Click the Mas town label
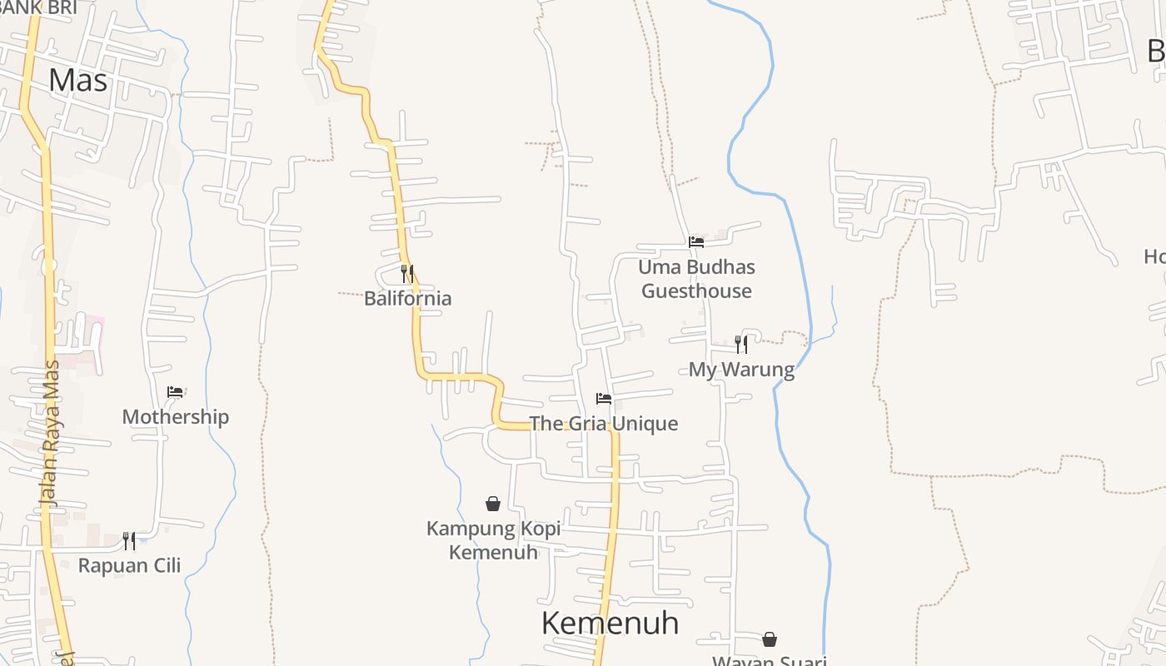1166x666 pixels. (78, 80)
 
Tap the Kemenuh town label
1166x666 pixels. (610, 623)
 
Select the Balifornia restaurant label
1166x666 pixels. (407, 298)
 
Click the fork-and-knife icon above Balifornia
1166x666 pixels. (407, 272)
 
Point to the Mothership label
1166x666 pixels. (175, 417)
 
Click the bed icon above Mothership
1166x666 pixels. (175, 391)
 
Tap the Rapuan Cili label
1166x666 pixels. (129, 566)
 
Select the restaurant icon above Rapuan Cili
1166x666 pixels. (129, 540)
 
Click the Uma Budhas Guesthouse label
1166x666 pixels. (696, 279)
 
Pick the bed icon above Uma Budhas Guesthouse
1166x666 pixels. (696, 242)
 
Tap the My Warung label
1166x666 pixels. (741, 370)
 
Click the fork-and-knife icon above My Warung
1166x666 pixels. (741, 344)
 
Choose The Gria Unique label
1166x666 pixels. (604, 424)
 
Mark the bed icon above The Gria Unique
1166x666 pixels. (604, 399)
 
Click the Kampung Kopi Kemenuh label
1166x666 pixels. (493, 539)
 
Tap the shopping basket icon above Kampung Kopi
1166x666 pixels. (493, 504)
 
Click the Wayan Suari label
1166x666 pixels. (770, 660)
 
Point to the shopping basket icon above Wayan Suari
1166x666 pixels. (770, 639)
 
